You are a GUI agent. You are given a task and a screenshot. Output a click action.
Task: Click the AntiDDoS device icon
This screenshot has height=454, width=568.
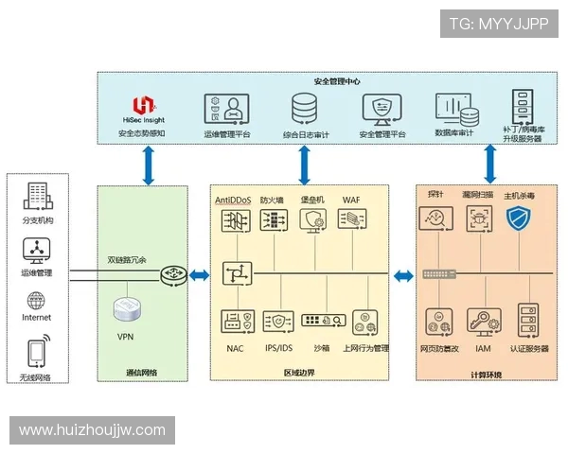tap(233, 221)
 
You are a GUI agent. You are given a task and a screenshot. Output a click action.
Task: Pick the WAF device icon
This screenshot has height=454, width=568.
tap(351, 221)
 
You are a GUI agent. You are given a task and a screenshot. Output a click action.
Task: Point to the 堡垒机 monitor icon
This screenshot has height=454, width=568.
tap(312, 221)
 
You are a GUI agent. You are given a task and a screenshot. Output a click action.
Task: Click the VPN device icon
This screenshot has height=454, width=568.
tap(126, 309)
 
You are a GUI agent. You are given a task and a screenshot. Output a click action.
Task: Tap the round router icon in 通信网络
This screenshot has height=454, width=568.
tap(173, 274)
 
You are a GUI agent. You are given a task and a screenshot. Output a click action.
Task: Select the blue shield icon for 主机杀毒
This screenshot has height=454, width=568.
tap(518, 220)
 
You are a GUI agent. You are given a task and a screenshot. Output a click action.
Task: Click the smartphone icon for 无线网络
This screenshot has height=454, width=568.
tap(36, 353)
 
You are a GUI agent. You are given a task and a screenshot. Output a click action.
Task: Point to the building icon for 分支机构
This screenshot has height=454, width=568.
tap(36, 198)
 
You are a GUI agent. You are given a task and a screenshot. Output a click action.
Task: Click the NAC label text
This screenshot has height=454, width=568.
tap(235, 348)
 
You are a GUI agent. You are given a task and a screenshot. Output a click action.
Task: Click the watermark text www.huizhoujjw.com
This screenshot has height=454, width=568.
tap(92, 430)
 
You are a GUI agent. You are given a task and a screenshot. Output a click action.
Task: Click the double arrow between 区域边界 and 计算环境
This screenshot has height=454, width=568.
tap(404, 275)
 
